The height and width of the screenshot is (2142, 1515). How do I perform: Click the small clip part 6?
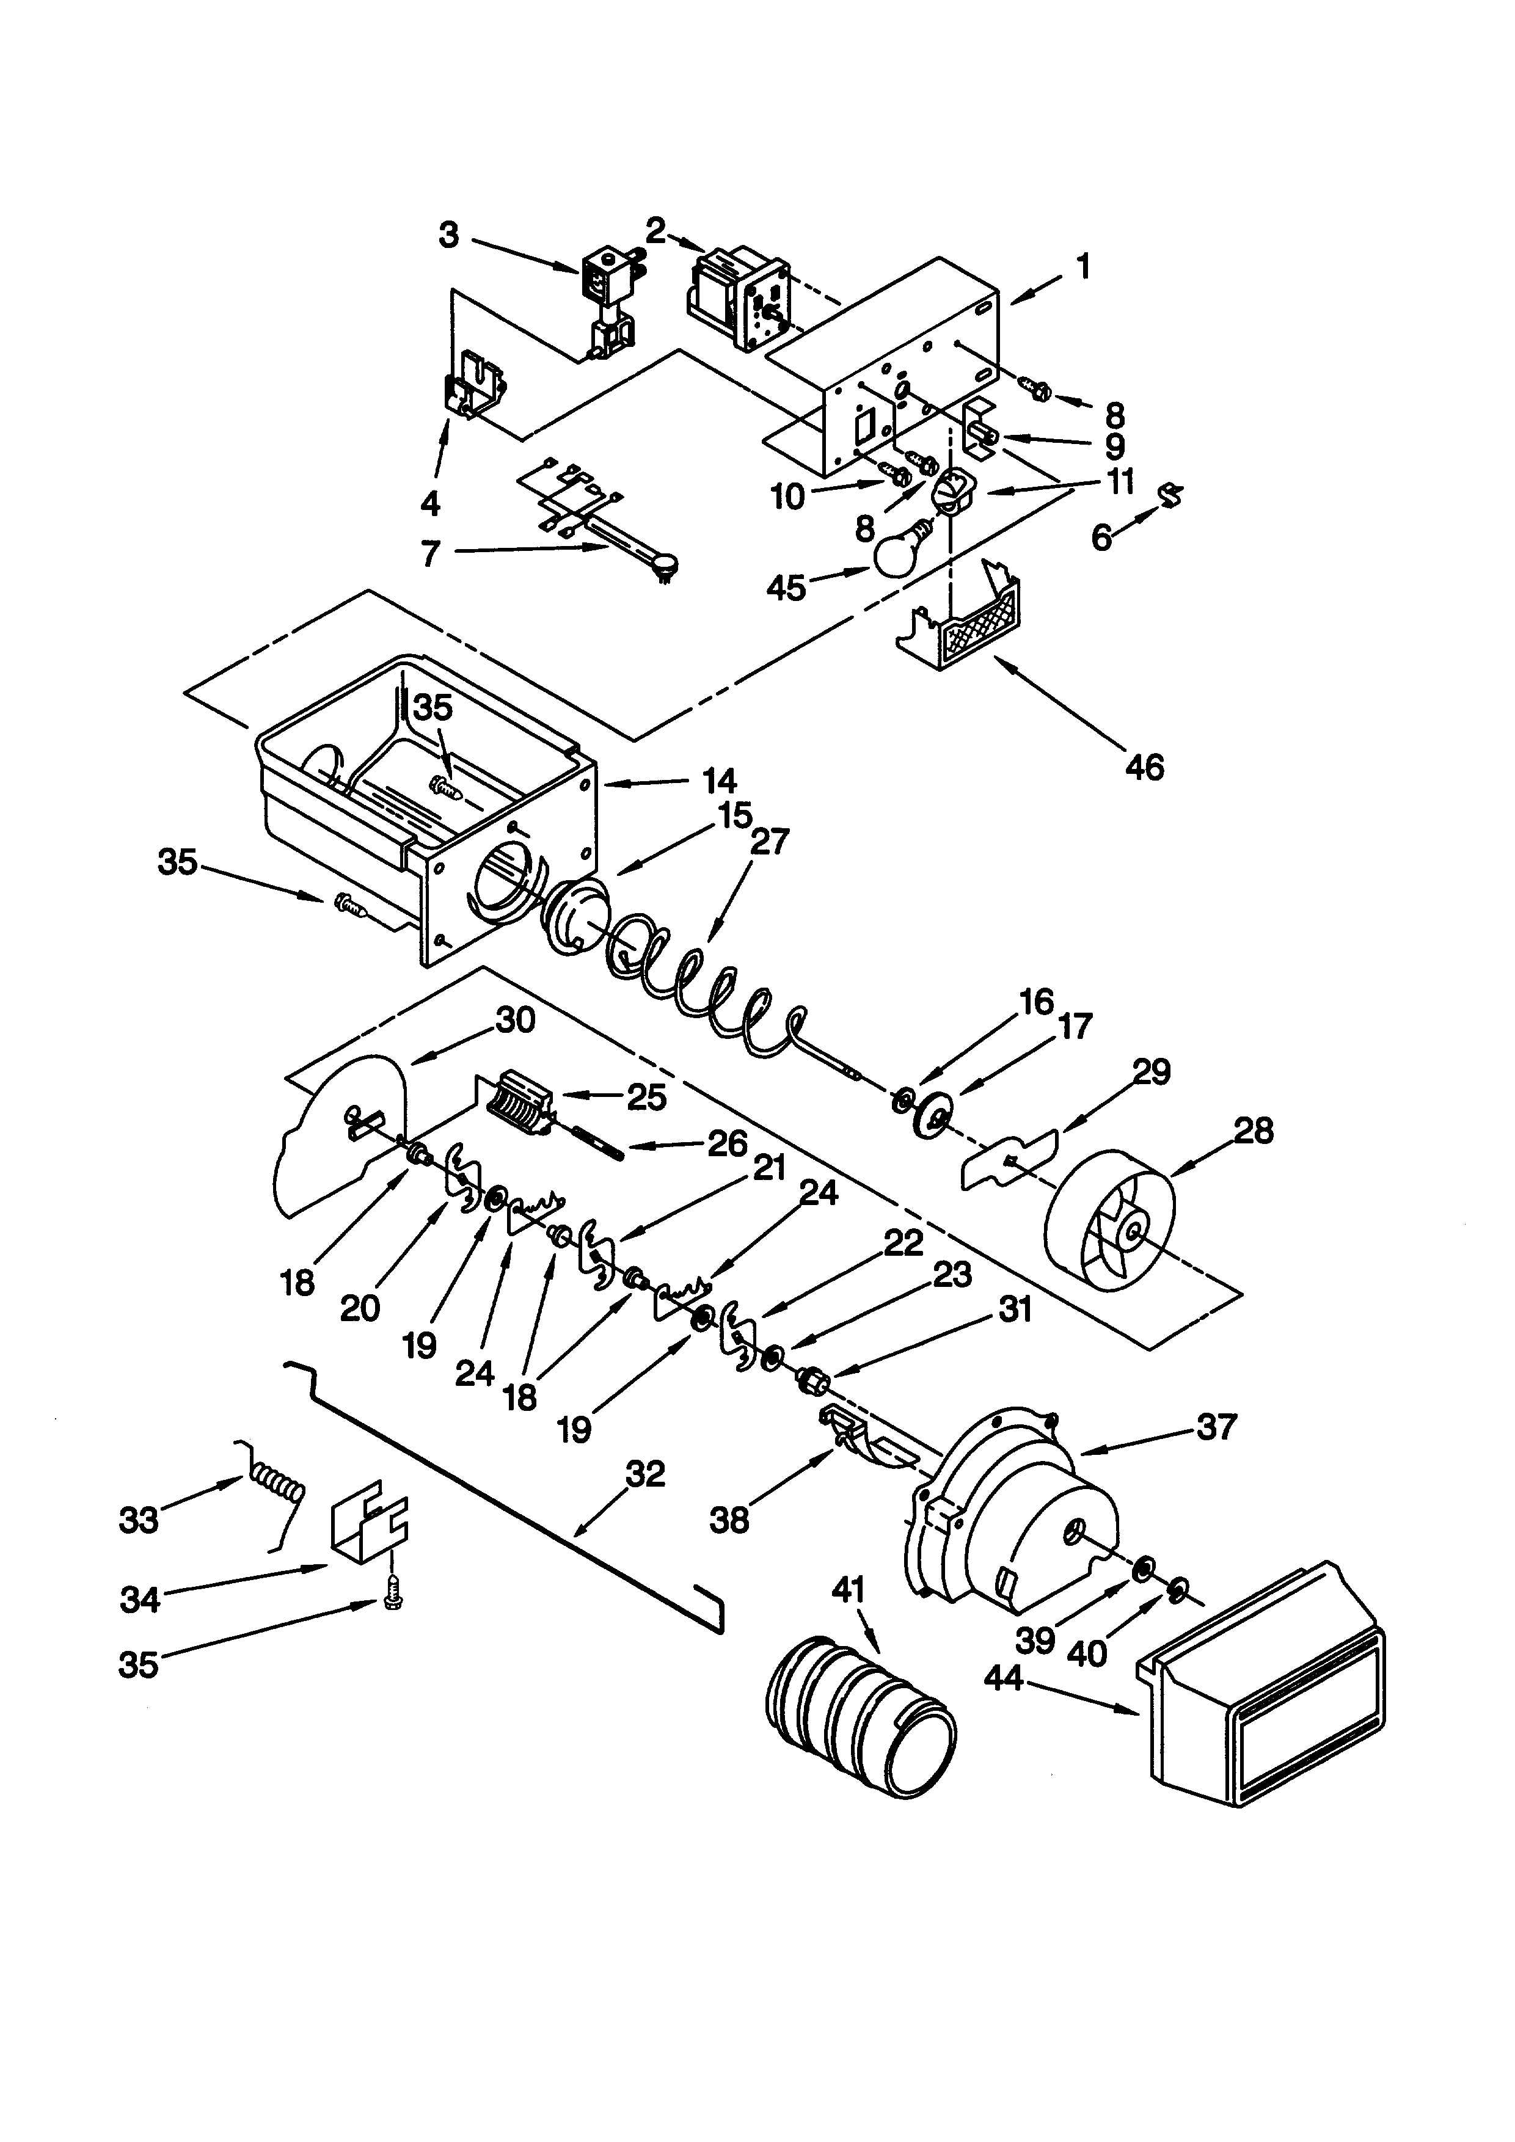pyautogui.click(x=1167, y=495)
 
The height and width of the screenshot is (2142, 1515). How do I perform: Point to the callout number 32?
pyautogui.click(x=644, y=1473)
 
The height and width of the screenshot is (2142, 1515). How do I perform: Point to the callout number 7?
pyautogui.click(x=429, y=554)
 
